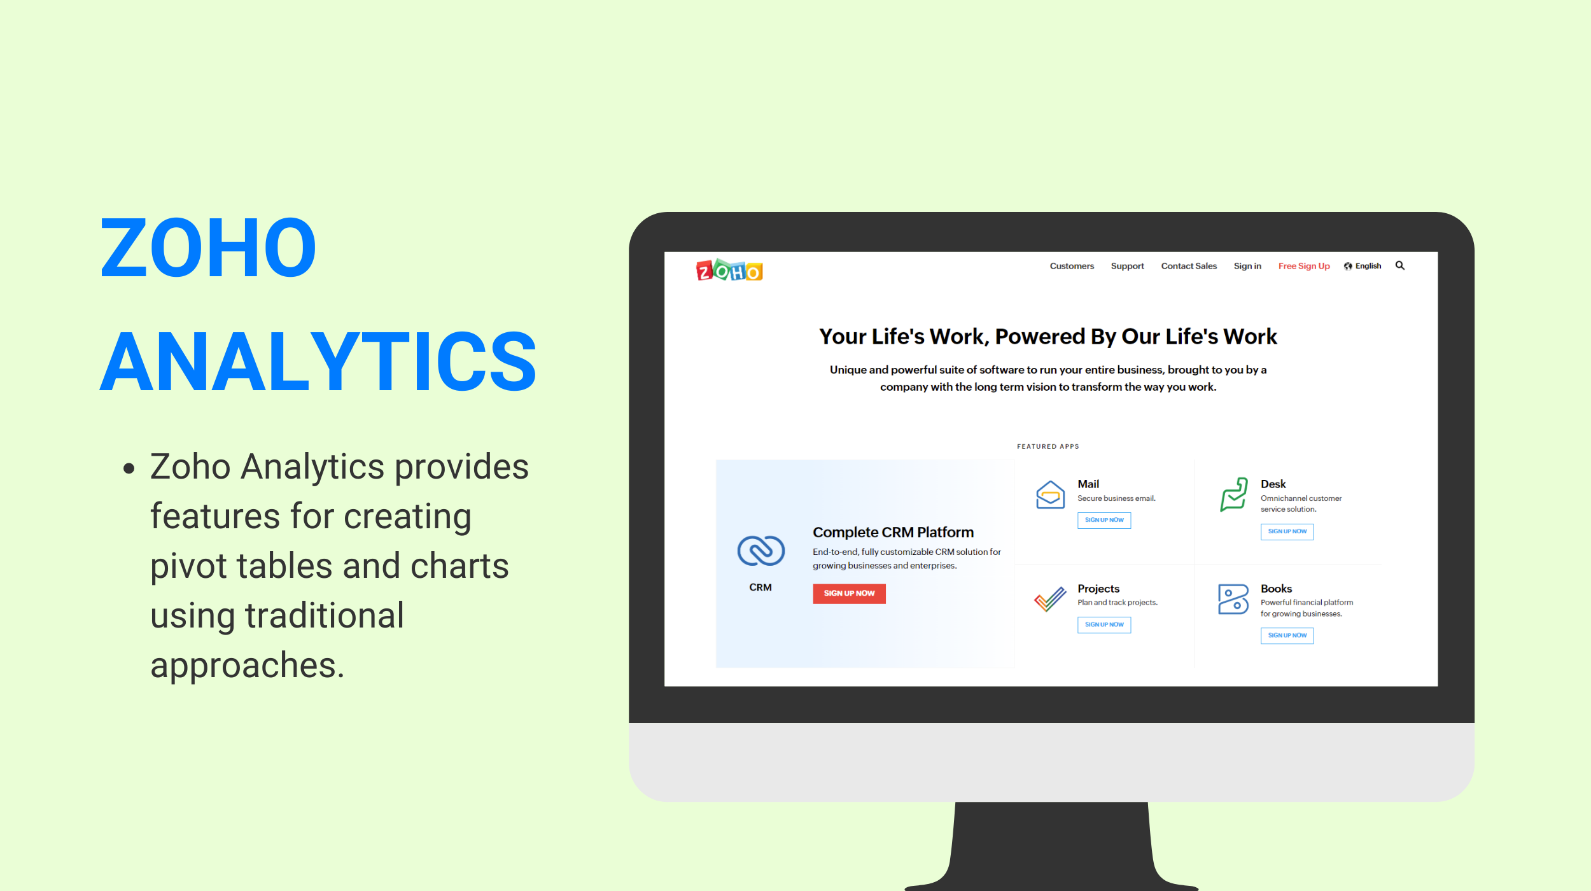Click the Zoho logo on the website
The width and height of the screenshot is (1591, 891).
[x=729, y=270]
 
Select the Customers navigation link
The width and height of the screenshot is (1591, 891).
[x=1072, y=266]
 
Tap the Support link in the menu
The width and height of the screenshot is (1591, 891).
[x=1127, y=266]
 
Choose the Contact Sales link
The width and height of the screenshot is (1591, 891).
[x=1189, y=266]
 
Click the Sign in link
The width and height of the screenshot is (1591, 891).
[x=1247, y=266]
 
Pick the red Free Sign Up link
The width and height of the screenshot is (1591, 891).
[x=1304, y=266]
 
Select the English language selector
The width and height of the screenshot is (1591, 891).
[x=1363, y=266]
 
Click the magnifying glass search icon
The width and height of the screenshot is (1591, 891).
[x=1400, y=265]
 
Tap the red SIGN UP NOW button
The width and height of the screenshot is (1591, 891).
[x=849, y=593]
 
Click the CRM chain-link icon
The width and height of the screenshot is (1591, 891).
[x=760, y=551]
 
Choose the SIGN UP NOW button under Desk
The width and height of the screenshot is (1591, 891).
[x=1287, y=531]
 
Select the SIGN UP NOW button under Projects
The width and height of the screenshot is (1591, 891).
[x=1104, y=625]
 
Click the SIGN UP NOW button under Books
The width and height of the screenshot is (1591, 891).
[x=1287, y=635]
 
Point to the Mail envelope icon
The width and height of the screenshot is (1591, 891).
[x=1050, y=495]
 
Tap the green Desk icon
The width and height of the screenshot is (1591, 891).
[x=1233, y=495]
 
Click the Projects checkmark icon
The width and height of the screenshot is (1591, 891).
[x=1050, y=599]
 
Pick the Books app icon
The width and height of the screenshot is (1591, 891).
[x=1233, y=599]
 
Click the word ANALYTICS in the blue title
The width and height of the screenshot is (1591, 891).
[x=318, y=361]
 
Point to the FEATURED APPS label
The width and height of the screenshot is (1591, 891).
[x=1048, y=447]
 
